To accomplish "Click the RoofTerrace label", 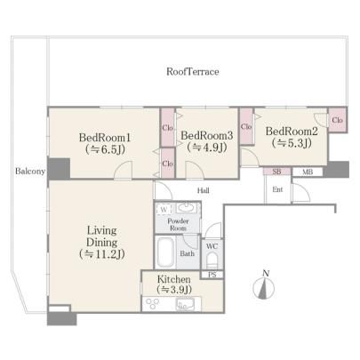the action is tap(193, 72).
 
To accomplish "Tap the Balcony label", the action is tap(30, 172).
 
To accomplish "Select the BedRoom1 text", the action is tap(105, 138).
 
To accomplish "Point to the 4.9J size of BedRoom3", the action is tap(207, 148).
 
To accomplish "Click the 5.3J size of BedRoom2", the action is tap(292, 143).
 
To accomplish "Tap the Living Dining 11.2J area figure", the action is tap(101, 254).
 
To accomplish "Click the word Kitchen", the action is tap(174, 279).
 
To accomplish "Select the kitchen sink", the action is tap(185, 304).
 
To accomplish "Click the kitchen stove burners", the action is tap(151, 304).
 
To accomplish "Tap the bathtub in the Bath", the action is tap(165, 252).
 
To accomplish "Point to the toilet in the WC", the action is tap(212, 260).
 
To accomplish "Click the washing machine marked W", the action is tap(164, 210).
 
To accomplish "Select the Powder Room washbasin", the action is tap(187, 207).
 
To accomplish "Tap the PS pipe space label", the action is tap(212, 275).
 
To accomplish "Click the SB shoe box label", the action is tap(276, 172).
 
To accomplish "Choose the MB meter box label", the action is tap(308, 172).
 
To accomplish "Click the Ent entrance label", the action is tap(277, 189).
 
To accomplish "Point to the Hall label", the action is tap(204, 191).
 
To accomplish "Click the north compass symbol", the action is tap(264, 286).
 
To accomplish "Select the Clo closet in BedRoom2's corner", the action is tap(337, 120).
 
